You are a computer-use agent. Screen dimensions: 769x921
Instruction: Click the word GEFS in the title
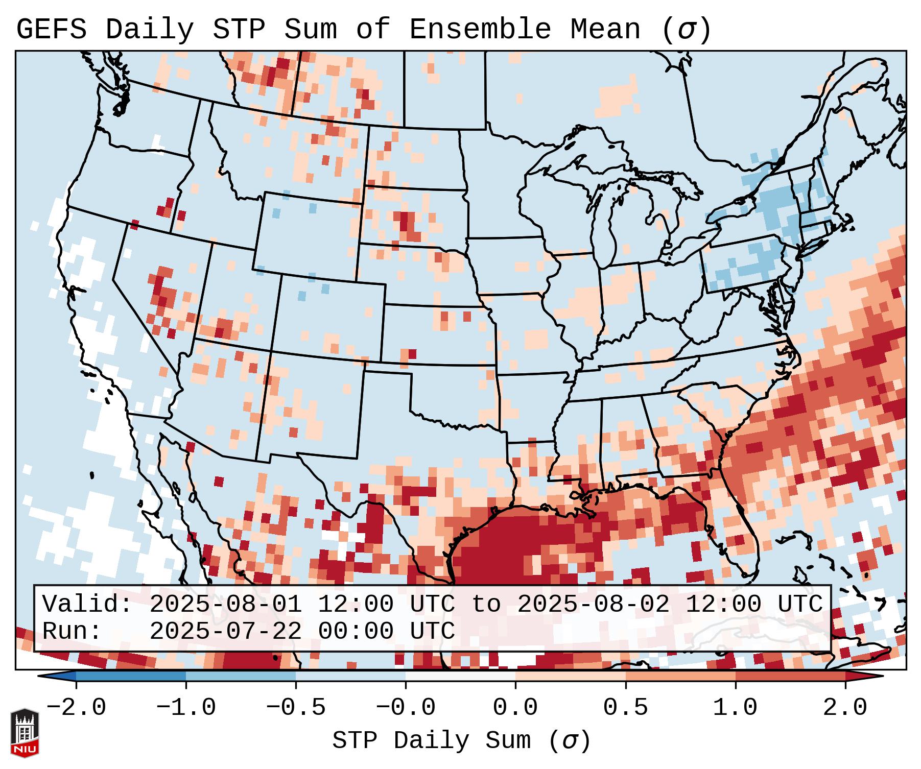[51, 30]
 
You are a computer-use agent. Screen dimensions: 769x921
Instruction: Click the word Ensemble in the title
[480, 30]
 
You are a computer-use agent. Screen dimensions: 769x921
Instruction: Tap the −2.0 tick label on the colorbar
[76, 708]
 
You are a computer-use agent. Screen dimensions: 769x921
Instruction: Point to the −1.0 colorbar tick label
[186, 708]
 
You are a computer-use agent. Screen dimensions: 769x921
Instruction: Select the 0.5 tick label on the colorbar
[625, 708]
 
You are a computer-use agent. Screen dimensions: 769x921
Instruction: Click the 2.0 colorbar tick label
[845, 708]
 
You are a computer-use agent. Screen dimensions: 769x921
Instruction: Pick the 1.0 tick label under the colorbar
[735, 708]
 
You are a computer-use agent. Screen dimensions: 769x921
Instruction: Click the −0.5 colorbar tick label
[296, 708]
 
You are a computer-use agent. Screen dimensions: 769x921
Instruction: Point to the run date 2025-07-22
[225, 631]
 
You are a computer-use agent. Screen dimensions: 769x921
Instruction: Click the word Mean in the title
[605, 30]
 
